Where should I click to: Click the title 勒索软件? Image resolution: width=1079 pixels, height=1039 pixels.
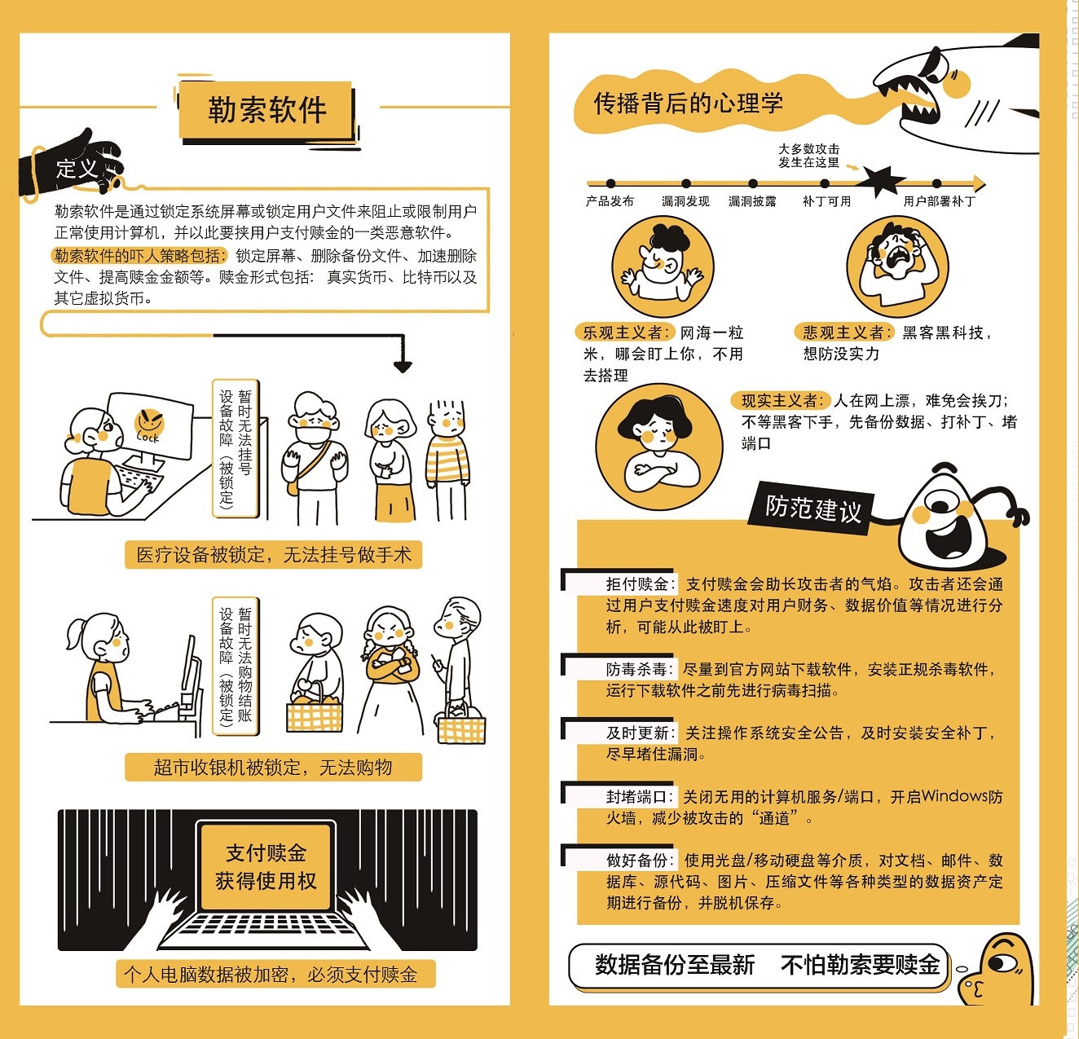pyautogui.click(x=266, y=110)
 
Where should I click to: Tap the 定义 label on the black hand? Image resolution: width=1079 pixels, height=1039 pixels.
pyautogui.click(x=77, y=168)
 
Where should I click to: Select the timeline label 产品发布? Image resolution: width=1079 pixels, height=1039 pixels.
pyautogui.click(x=610, y=201)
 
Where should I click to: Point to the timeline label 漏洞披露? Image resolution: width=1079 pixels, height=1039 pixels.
pyautogui.click(x=752, y=201)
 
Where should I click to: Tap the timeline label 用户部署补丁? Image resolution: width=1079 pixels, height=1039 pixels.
pyautogui.click(x=940, y=201)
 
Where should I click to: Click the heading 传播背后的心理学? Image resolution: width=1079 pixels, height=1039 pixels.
pyautogui.click(x=688, y=103)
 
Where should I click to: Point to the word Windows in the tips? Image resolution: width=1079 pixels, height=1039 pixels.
pyautogui.click(x=954, y=797)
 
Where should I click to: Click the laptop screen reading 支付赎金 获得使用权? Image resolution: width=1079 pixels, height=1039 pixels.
pyautogui.click(x=266, y=866)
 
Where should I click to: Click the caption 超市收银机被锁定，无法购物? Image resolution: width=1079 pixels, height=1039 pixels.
pyautogui.click(x=273, y=768)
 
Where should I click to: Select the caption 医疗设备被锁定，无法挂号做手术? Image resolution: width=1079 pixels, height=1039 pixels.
pyautogui.click(x=273, y=554)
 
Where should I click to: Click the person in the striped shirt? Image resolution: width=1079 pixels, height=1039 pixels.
pyautogui.click(x=447, y=460)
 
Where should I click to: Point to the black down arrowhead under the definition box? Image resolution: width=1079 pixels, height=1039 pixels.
pyautogui.click(x=403, y=367)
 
